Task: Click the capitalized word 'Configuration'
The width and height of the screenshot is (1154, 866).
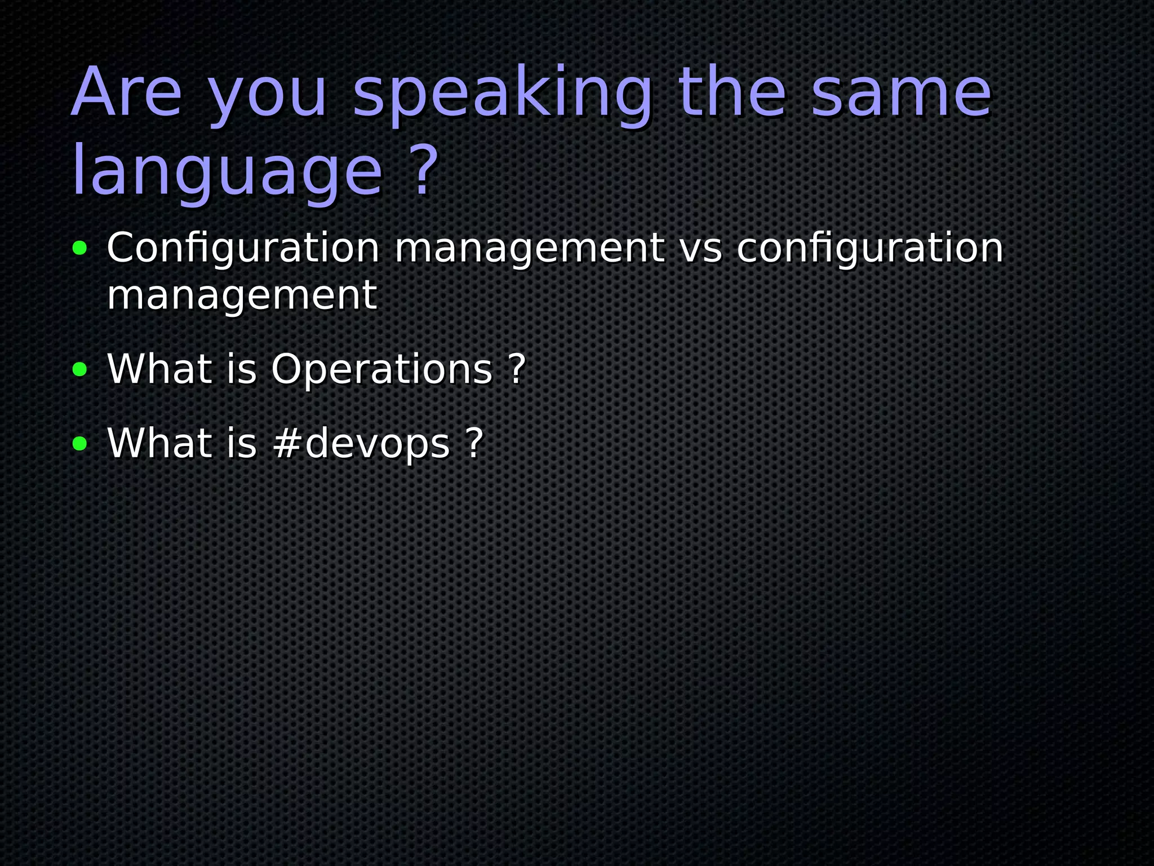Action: tap(243, 249)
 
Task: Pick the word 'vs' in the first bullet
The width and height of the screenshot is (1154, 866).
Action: tap(700, 249)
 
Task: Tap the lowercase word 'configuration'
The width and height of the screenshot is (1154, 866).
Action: tap(870, 249)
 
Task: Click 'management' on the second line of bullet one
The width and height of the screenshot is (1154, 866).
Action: tap(242, 295)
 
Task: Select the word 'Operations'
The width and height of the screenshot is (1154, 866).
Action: tap(381, 370)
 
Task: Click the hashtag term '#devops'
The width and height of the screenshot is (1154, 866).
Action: tap(361, 444)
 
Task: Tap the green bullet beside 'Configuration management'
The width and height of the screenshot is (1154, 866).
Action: tap(80, 248)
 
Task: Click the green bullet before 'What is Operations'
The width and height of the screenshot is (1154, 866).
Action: tap(80, 370)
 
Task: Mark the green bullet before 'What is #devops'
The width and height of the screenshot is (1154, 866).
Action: tap(80, 444)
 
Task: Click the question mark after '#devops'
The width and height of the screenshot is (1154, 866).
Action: tap(475, 443)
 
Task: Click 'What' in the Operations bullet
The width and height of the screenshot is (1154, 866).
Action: tap(159, 369)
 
